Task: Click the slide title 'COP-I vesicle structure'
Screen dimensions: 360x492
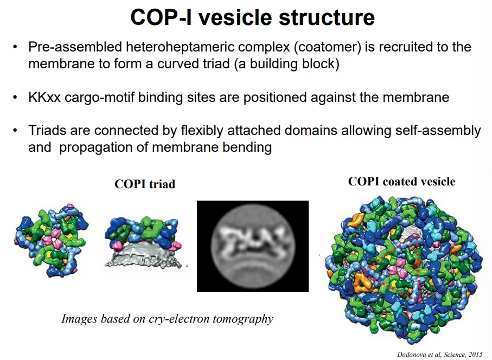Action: pyautogui.click(x=252, y=17)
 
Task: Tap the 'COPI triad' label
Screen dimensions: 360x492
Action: pyautogui.click(x=145, y=184)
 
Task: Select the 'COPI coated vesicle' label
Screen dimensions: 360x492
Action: pyautogui.click(x=401, y=181)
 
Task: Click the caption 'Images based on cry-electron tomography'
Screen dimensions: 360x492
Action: pyautogui.click(x=167, y=318)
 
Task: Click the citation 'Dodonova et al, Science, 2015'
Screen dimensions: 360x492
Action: pyautogui.click(x=439, y=353)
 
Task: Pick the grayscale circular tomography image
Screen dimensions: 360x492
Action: pyautogui.click(x=252, y=246)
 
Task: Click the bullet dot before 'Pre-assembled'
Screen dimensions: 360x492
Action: pyautogui.click(x=16, y=47)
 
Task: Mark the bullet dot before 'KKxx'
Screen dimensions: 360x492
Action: pyautogui.click(x=16, y=98)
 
